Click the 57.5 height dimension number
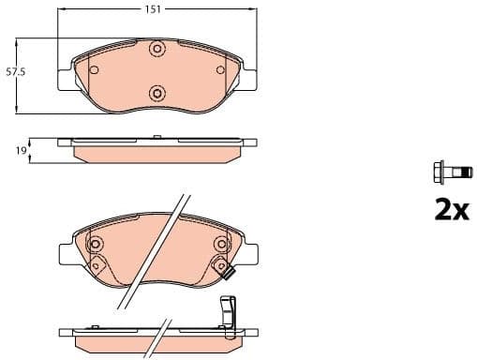15,71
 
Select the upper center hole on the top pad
157,49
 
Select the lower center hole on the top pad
157,92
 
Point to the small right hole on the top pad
222,69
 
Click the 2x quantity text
450,209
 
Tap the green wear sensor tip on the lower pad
227,274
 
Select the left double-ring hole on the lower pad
95,245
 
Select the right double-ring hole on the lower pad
220,245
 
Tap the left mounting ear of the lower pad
67,255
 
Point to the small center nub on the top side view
157,139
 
